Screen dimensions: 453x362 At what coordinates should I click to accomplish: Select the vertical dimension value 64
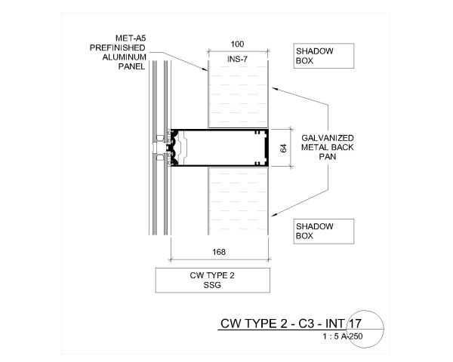tap(283, 147)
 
